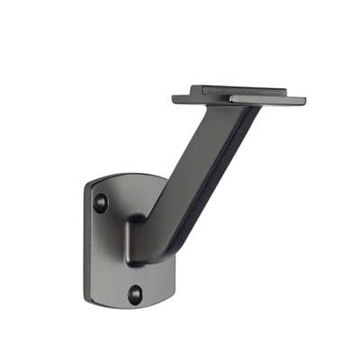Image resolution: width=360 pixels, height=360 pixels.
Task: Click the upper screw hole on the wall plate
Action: pos(101,202)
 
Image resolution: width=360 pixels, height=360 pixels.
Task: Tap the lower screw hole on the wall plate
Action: pos(134,293)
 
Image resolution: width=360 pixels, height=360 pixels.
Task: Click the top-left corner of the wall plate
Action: pos(90,184)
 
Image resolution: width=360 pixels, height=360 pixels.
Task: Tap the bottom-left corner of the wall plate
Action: pos(91,292)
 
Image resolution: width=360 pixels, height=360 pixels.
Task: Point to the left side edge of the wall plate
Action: pos(86,238)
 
